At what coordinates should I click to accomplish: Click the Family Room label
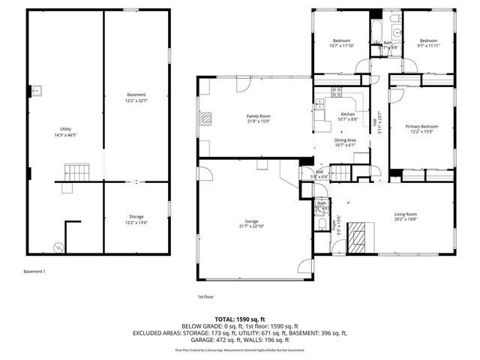259,116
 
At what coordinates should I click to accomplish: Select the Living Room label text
406,215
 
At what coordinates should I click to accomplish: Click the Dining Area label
345,140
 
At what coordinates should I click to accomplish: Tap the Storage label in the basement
136,216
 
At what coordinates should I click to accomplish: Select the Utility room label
65,129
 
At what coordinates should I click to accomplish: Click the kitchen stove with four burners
337,93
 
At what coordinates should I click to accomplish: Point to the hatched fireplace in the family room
205,118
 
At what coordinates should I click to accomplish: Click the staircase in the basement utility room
74,172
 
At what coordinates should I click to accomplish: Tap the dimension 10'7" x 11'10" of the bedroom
341,46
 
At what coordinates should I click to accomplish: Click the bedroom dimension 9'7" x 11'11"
427,46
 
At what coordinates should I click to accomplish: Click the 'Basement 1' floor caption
34,271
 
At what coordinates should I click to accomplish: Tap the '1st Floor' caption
206,296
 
